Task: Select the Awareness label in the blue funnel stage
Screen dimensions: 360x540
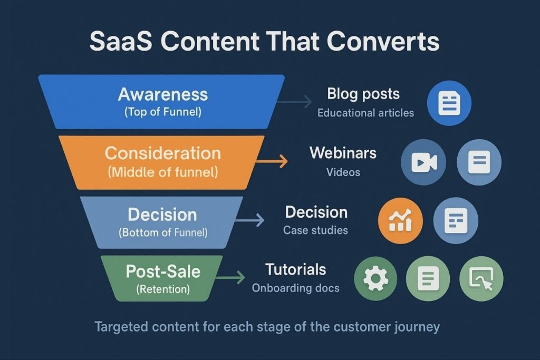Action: [163, 94]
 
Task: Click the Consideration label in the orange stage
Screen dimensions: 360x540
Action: [162, 153]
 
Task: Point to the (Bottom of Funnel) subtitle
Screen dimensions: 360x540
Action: [163, 232]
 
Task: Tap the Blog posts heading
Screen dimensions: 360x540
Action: [363, 94]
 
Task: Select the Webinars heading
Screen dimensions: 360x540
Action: [343, 153]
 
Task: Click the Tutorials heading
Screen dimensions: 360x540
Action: [296, 270]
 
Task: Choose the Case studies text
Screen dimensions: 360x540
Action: [315, 230]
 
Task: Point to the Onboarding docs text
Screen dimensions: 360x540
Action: [295, 288]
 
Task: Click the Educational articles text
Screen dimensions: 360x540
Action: [365, 112]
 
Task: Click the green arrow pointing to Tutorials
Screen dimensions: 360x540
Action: [232, 277]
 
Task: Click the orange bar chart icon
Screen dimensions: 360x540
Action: [400, 221]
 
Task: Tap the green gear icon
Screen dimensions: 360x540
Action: [376, 279]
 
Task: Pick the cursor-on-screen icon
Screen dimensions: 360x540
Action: [481, 279]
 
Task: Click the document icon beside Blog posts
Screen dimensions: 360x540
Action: [449, 103]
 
